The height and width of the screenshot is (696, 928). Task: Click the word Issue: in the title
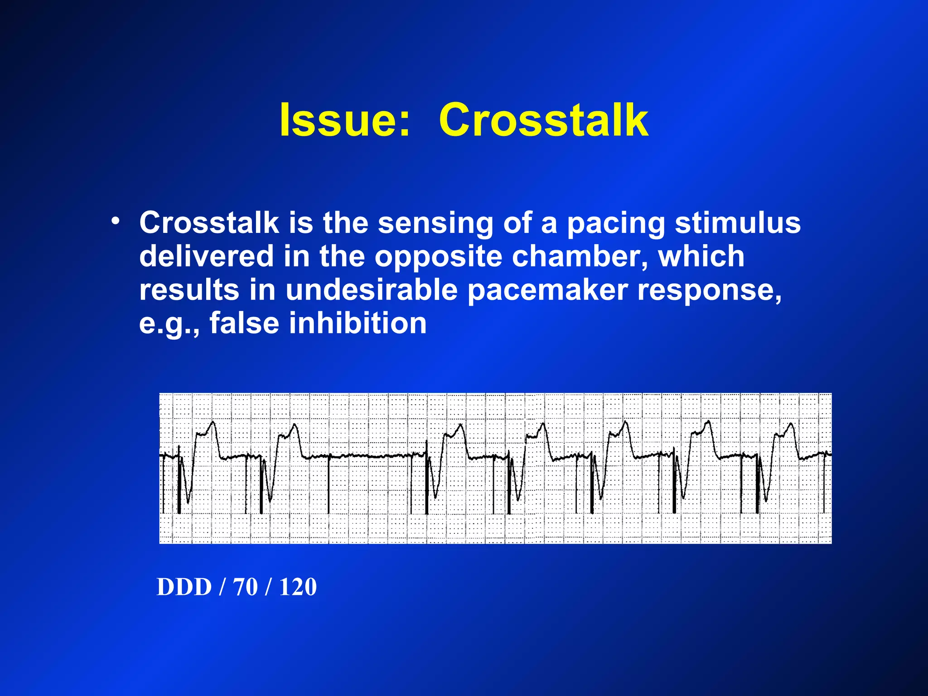[x=344, y=120]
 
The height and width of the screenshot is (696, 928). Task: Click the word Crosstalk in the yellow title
[x=543, y=120]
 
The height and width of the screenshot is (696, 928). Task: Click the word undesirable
[x=372, y=290]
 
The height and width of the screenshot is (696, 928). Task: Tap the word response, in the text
[x=710, y=290]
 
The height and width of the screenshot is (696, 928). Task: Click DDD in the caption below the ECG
[x=184, y=587]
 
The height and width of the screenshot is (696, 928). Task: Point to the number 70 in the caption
[x=245, y=587]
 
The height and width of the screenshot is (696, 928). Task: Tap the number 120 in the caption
[x=298, y=587]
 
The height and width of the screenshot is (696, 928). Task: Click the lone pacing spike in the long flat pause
[x=329, y=485]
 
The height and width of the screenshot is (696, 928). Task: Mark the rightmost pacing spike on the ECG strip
[x=825, y=485]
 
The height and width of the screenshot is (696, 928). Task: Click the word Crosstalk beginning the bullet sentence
[x=209, y=223]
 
